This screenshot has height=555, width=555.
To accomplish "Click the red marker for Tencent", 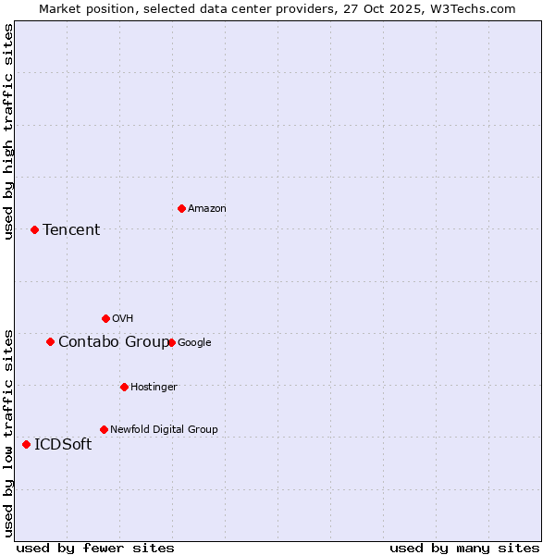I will pyautogui.click(x=34, y=229).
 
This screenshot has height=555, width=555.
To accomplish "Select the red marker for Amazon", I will pyautogui.click(x=181, y=208).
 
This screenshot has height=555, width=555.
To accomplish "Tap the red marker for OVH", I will pyautogui.click(x=105, y=318).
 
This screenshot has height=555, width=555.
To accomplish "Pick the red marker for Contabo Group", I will pyautogui.click(x=50, y=341).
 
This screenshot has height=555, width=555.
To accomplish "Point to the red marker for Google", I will pyautogui.click(x=171, y=342).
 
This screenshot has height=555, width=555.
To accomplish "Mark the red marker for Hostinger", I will pyautogui.click(x=124, y=387).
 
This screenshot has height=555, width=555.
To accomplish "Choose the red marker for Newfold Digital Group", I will pyautogui.click(x=104, y=429).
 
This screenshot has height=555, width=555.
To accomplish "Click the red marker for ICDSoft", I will pyautogui.click(x=26, y=444).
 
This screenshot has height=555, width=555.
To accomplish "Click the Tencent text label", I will pyautogui.click(x=71, y=230).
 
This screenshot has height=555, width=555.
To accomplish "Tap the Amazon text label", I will pyautogui.click(x=206, y=209).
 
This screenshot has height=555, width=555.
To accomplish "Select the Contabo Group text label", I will pyautogui.click(x=114, y=342).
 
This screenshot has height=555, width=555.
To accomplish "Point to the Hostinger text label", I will pyautogui.click(x=154, y=387).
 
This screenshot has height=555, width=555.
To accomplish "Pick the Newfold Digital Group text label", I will pyautogui.click(x=164, y=429).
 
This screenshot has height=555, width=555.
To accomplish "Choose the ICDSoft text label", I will pyautogui.click(x=63, y=445).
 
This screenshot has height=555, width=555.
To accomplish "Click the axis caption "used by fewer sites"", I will pyautogui.click(x=95, y=548).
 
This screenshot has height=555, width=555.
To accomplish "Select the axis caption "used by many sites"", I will pyautogui.click(x=464, y=548).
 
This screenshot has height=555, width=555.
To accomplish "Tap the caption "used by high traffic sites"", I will pyautogui.click(x=9, y=131).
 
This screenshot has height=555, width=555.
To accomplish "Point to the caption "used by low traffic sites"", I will pyautogui.click(x=9, y=433).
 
